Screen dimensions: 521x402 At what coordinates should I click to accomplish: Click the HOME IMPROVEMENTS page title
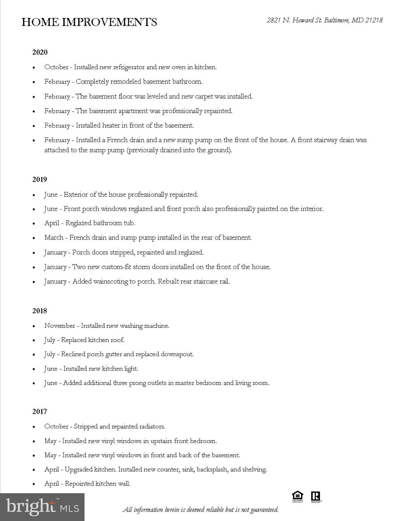point(89,22)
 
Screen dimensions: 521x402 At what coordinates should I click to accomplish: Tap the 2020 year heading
point(40,52)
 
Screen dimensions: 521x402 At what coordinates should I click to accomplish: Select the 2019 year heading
point(40,179)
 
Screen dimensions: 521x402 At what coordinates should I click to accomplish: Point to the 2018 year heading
point(40,311)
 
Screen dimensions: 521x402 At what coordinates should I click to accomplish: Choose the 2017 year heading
point(40,411)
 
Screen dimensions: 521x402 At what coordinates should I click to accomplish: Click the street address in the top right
point(324,20)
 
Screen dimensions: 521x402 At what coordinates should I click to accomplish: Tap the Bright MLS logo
point(42,507)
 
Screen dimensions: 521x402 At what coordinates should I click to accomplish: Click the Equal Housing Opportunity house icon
point(297,497)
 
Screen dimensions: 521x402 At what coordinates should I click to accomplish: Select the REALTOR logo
point(316,497)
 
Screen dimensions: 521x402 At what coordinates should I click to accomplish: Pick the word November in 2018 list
point(60,326)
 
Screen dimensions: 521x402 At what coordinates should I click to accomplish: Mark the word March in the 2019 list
point(54,237)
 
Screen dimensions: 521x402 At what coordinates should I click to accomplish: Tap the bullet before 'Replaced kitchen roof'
point(34,341)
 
